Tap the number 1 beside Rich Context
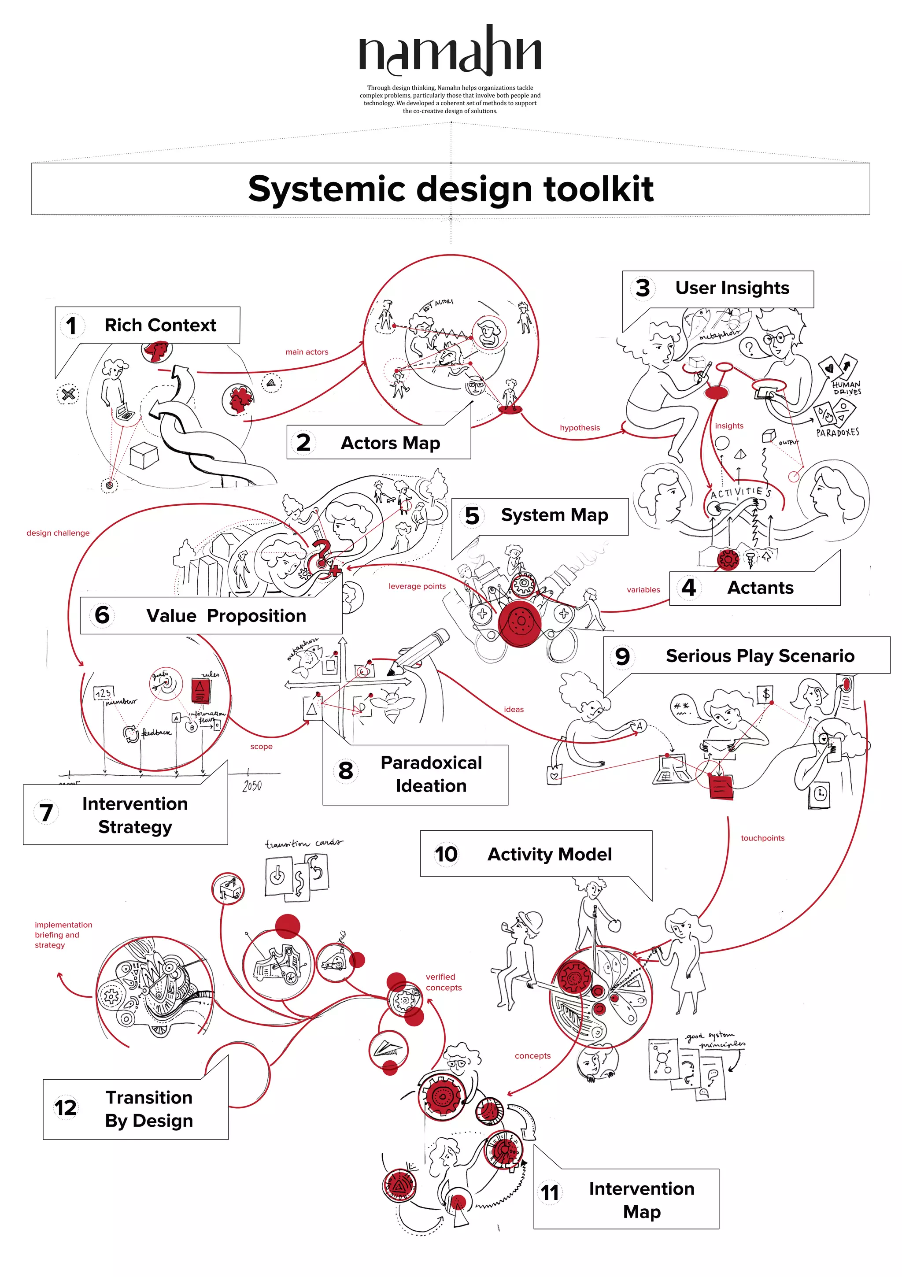[x=71, y=326]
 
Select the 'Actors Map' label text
[x=390, y=443]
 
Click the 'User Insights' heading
[x=732, y=288]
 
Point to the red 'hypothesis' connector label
[x=580, y=428]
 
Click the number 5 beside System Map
[x=472, y=515]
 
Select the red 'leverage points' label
[x=417, y=586]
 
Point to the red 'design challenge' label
[x=58, y=533]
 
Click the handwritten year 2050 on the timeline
[x=252, y=785]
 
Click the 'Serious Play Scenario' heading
[x=760, y=656]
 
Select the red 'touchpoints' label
[x=762, y=838]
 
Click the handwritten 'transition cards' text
[x=303, y=844]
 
